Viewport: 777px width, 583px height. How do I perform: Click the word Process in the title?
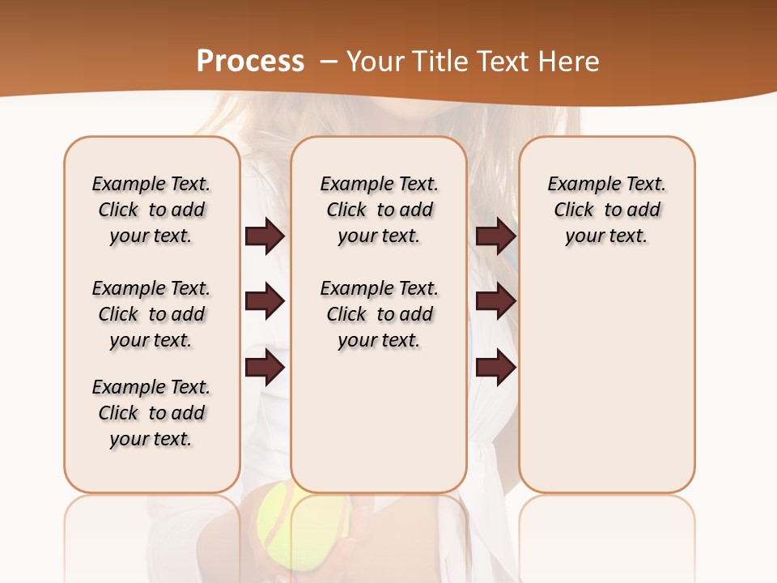click(x=250, y=62)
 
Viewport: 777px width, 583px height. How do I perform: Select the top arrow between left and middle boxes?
click(x=265, y=236)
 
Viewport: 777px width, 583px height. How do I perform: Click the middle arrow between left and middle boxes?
click(x=265, y=301)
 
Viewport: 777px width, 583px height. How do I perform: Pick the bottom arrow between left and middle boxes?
click(x=265, y=368)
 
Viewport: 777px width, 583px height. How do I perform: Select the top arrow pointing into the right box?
click(x=495, y=236)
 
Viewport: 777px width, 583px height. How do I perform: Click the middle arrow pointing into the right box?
click(x=495, y=301)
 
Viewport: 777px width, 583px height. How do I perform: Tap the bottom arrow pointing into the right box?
click(x=495, y=368)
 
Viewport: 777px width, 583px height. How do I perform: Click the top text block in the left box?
click(x=151, y=210)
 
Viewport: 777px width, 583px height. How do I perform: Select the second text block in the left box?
click(x=151, y=314)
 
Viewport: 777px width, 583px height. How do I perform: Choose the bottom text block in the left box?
click(x=151, y=413)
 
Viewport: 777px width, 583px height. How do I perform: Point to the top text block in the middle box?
click(x=379, y=210)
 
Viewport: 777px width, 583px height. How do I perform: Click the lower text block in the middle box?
click(x=379, y=314)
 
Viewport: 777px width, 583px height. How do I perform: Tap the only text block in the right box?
click(x=606, y=210)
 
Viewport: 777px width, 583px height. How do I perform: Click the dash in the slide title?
click(x=328, y=62)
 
